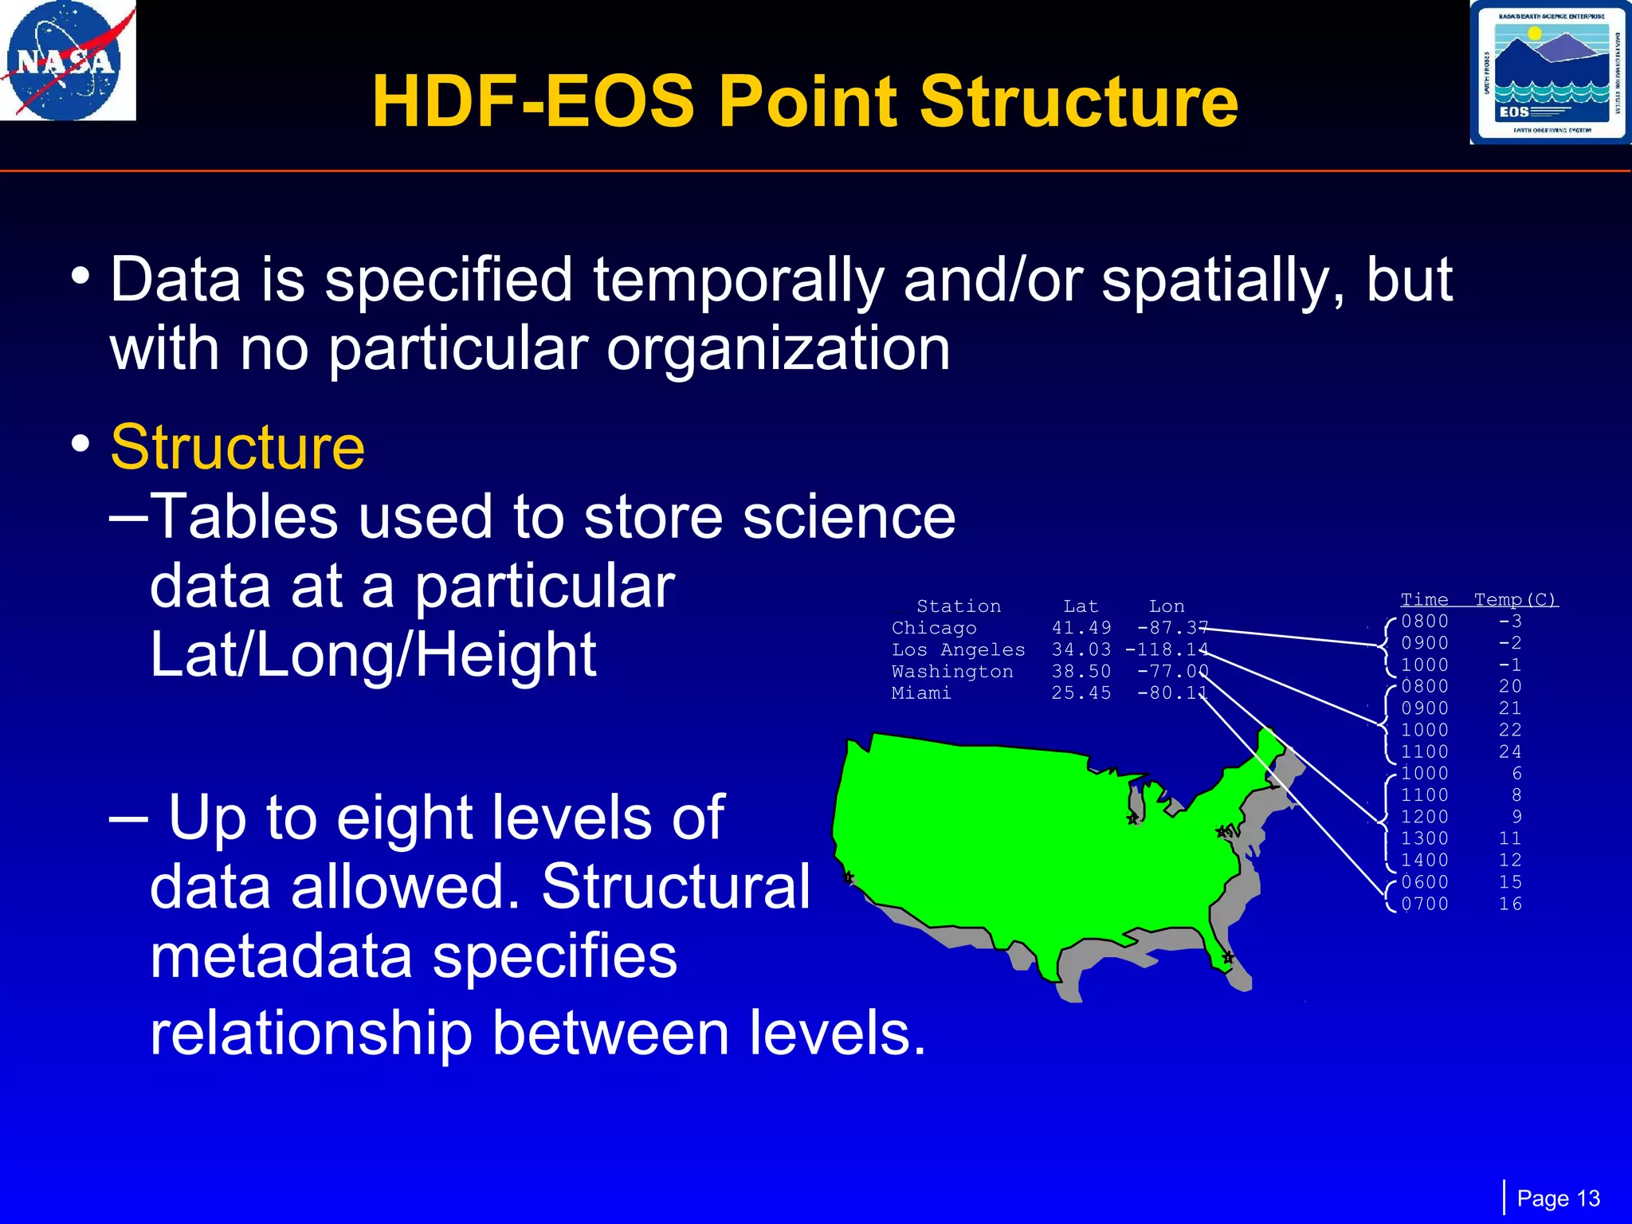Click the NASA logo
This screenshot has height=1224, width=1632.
point(67,61)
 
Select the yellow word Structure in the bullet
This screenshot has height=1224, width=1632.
point(237,447)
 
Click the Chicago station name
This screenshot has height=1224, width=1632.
point(934,628)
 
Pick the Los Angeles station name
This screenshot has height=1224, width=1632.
point(958,650)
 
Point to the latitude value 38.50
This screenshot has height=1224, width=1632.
point(1081,672)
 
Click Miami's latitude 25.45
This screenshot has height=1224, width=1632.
point(1081,693)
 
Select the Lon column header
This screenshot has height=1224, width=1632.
point(1167,606)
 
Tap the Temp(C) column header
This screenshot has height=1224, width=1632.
point(1515,599)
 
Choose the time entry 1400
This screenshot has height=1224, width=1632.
point(1425,861)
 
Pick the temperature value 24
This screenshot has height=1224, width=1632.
point(1510,751)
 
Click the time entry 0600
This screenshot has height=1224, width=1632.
point(1425,882)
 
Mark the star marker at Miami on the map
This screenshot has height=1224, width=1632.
point(1228,957)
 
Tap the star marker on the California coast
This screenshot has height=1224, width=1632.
point(849,877)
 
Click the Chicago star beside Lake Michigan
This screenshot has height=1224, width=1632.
point(1132,818)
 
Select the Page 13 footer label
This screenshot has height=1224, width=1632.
point(1558,1198)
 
